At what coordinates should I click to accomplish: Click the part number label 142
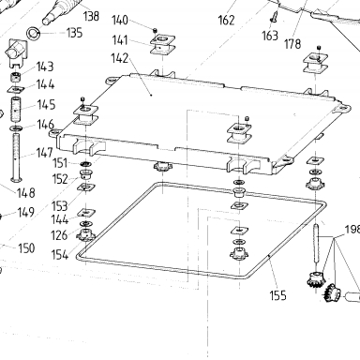point(120,58)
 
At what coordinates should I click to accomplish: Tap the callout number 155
point(277,295)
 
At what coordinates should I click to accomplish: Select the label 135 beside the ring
point(74,33)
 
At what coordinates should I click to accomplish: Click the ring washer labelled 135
point(33,33)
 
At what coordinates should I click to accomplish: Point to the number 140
point(120,21)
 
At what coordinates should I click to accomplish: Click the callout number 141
point(120,40)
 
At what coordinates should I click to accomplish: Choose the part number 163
point(270,36)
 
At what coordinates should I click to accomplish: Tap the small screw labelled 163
point(274,17)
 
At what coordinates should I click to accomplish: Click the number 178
point(292,44)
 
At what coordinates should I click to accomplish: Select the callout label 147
point(44,153)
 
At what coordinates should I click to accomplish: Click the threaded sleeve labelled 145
point(16,110)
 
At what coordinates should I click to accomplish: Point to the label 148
point(26,193)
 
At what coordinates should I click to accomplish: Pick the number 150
point(26,248)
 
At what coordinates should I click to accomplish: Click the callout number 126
point(59,235)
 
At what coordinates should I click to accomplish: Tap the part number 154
point(60,255)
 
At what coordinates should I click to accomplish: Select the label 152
point(60,179)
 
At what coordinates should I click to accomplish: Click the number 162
point(226,21)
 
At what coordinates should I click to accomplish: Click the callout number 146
point(45,125)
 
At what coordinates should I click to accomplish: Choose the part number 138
point(91,16)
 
